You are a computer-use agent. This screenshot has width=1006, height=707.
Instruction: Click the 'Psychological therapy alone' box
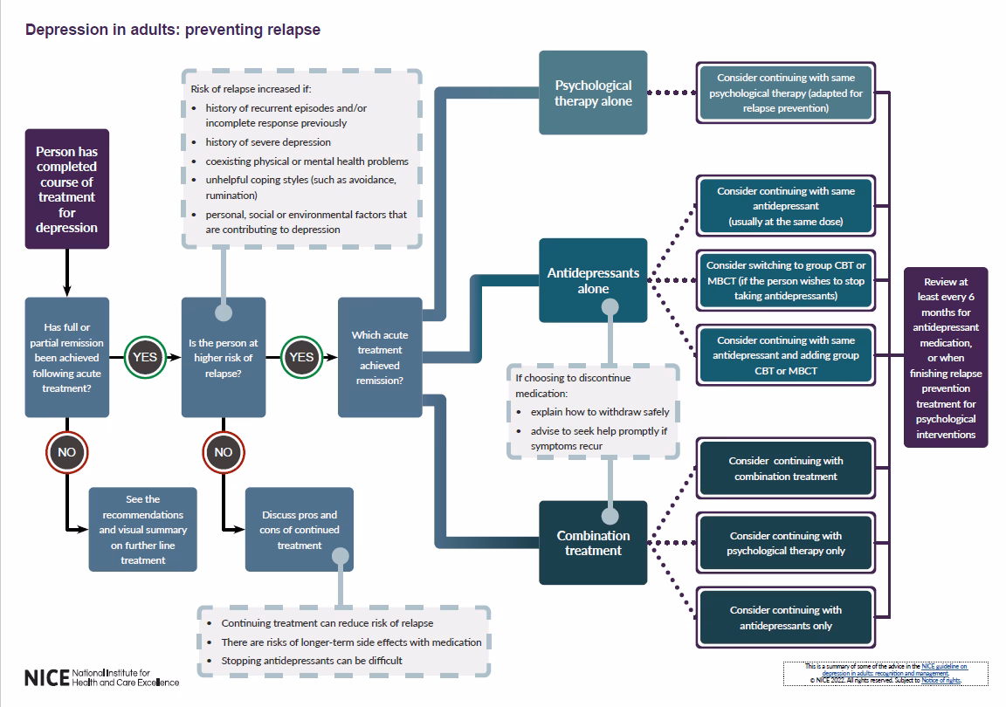pos(593,93)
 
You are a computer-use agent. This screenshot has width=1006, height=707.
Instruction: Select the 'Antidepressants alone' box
pos(593,280)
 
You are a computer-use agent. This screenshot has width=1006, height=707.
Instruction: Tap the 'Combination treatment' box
pos(593,543)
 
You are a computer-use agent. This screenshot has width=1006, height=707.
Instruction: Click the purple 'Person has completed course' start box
pos(67,189)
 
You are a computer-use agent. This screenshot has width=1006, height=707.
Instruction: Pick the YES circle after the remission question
pos(145,357)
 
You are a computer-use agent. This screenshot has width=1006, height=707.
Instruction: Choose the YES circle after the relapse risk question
pos(301,357)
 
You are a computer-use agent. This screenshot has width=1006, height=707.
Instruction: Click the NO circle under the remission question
pos(67,452)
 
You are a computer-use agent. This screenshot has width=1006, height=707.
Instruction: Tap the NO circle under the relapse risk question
pos(224,452)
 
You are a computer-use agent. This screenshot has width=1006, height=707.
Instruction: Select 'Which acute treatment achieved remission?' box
pos(379,357)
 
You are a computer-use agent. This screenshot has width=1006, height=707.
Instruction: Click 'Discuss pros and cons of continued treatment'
pos(300,530)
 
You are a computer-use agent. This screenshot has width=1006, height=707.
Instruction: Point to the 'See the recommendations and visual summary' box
pos(143,530)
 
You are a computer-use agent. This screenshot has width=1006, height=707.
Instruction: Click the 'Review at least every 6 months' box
pos(946,358)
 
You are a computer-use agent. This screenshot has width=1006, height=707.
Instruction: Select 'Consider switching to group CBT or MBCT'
pos(786,280)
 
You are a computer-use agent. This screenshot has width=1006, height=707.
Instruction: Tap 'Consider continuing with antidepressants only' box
pos(786,618)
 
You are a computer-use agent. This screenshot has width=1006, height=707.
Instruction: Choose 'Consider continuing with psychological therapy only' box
pos(786,543)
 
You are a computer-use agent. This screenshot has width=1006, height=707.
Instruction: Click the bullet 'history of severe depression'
pos(268,142)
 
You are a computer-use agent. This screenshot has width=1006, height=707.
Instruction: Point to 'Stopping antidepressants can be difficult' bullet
pos(312,661)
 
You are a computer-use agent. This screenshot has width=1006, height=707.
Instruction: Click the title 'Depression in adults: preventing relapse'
pos(173,30)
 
